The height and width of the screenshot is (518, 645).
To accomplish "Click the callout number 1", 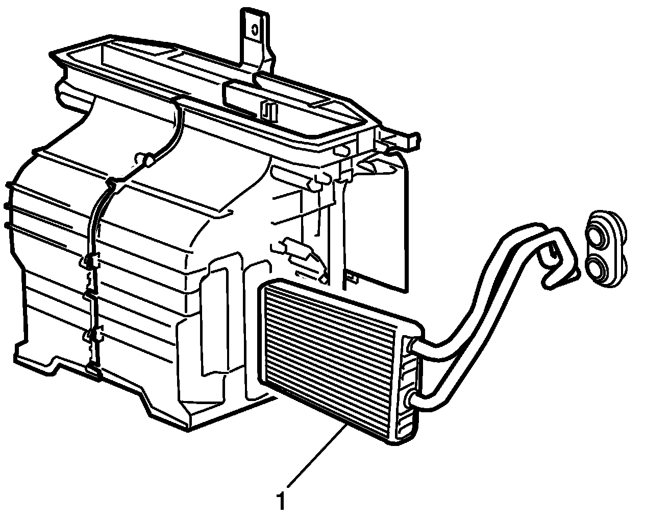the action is coord(280,499).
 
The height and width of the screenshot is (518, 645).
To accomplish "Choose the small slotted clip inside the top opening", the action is coord(268,110).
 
